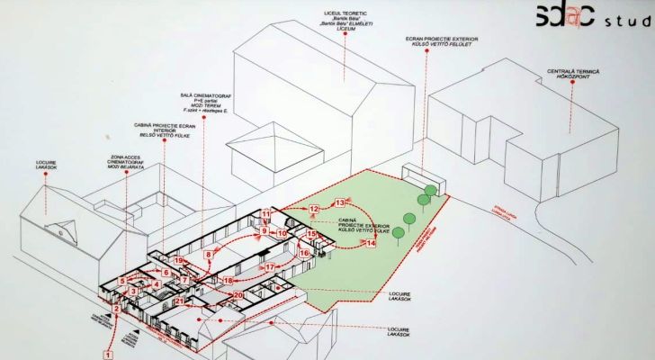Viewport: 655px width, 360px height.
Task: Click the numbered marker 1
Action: click(107, 355)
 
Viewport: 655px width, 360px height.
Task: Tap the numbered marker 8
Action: click(209, 255)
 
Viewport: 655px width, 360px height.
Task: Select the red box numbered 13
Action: click(340, 202)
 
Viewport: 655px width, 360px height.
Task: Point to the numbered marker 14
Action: click(371, 242)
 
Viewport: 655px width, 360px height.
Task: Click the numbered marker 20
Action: click(238, 294)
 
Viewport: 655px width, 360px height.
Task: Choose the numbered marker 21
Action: click(179, 301)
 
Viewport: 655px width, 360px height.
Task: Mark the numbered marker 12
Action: click(314, 209)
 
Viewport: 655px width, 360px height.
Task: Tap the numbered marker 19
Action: click(179, 261)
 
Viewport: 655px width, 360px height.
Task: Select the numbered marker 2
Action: click(116, 310)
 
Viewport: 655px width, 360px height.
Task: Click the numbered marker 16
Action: click(304, 254)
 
